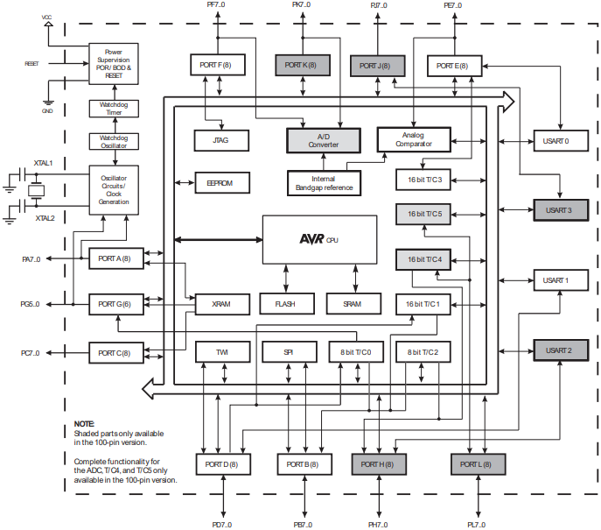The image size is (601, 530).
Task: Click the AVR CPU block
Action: click(313, 238)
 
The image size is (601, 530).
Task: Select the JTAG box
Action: click(220, 139)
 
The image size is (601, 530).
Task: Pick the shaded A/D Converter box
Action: click(323, 139)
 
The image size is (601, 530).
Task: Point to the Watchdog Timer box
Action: click(113, 109)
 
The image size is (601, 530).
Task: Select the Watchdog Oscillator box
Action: click(113, 141)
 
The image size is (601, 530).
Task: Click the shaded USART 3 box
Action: click(557, 210)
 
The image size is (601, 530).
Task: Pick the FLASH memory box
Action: click(285, 304)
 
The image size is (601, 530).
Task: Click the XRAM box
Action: click(220, 304)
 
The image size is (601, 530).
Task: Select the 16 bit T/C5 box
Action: click(424, 214)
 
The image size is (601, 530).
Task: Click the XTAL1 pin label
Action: click(43, 164)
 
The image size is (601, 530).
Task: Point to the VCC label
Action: click(46, 17)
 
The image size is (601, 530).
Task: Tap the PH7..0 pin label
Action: click(379, 524)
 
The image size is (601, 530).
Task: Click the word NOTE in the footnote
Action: click(84, 424)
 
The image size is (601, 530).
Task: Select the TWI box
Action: click(221, 352)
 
